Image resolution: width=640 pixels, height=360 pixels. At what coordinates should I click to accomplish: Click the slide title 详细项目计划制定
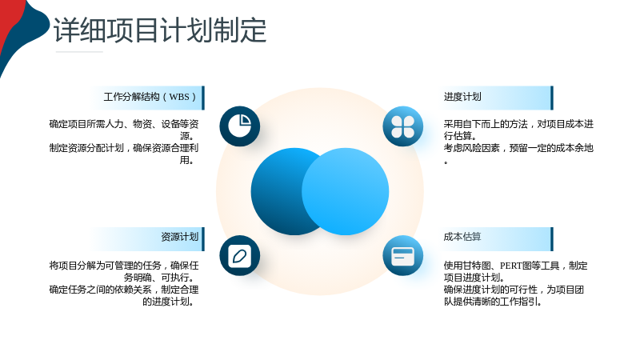click(x=160, y=30)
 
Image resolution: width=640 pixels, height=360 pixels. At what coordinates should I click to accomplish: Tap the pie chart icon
click(x=239, y=126)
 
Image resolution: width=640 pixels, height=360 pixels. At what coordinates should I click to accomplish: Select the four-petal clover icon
click(x=403, y=126)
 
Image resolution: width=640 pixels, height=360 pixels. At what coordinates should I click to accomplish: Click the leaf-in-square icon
click(x=239, y=255)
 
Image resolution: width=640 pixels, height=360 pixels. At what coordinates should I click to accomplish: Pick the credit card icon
click(x=403, y=255)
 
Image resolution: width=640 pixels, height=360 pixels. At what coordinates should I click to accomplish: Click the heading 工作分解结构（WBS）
click(x=150, y=97)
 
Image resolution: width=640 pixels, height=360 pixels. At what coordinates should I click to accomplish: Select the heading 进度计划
click(x=462, y=97)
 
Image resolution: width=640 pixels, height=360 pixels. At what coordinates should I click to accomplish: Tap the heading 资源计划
click(x=179, y=237)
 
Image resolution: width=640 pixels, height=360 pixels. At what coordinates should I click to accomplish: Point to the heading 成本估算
click(x=462, y=237)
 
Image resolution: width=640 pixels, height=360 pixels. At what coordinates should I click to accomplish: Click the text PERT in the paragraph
click(x=511, y=266)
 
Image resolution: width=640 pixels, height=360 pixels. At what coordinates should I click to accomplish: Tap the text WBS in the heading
click(x=179, y=97)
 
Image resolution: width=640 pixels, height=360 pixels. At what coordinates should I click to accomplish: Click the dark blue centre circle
click(x=282, y=191)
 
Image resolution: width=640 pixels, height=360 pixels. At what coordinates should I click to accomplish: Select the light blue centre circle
click(x=346, y=191)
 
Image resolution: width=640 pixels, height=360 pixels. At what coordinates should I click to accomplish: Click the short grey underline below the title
click(x=79, y=52)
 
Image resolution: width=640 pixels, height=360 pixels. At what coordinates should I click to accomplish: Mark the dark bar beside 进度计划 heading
click(x=552, y=98)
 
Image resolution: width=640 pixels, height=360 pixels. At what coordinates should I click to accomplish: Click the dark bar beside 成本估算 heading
click(x=552, y=239)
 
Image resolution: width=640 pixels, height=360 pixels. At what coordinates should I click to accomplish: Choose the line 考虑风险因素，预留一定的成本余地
click(x=518, y=148)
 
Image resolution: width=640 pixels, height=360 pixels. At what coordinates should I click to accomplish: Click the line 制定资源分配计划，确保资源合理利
click(x=124, y=148)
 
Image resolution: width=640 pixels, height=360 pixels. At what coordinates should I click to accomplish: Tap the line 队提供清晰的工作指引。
click(x=493, y=302)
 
